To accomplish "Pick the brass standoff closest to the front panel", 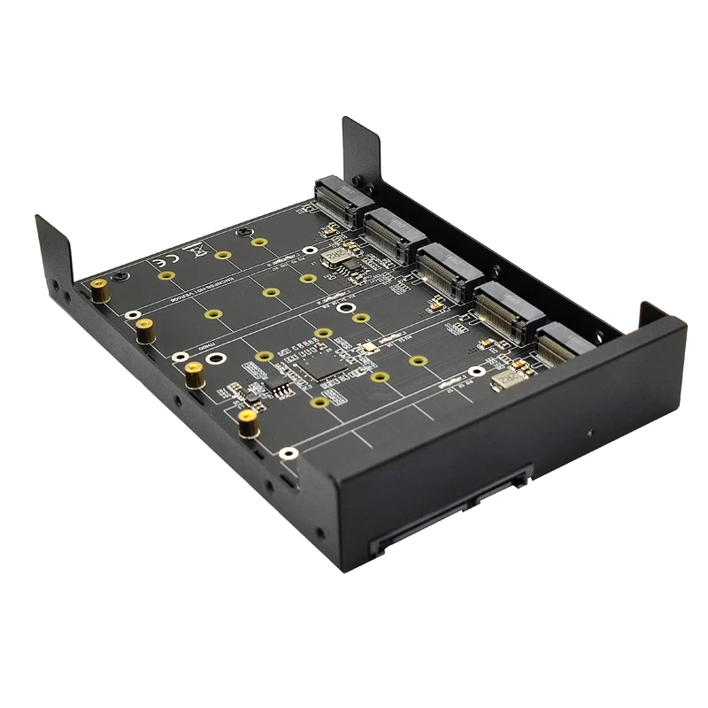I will click(249, 425).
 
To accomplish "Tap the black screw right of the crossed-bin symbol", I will click(241, 232).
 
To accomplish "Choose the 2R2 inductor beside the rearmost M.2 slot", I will click(335, 257).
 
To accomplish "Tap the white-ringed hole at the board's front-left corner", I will click(285, 453).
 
